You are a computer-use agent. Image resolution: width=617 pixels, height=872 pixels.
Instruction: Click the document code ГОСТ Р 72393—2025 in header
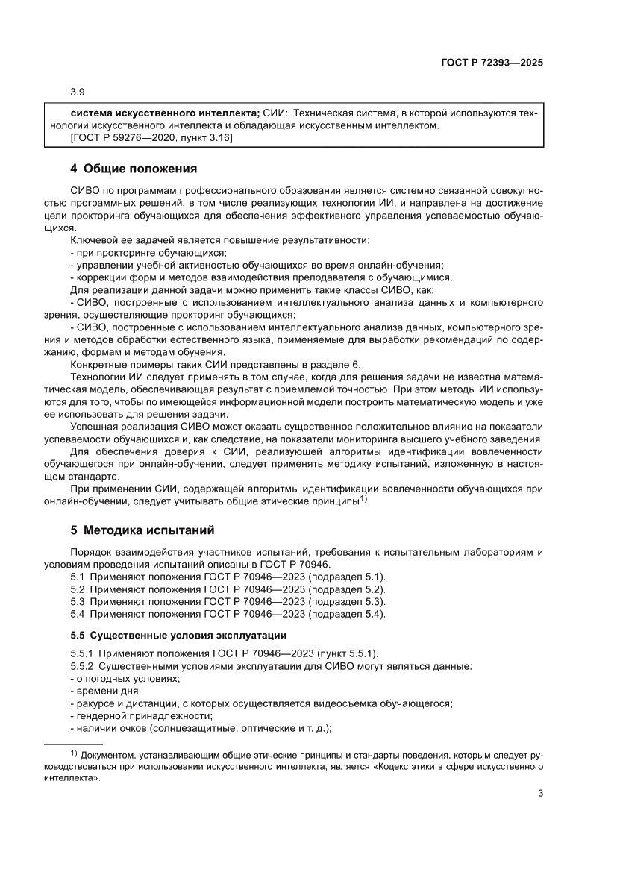(490, 63)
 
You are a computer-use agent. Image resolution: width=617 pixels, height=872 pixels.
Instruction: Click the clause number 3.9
(78, 92)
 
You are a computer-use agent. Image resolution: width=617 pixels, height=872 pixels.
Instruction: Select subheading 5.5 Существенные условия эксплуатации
(178, 634)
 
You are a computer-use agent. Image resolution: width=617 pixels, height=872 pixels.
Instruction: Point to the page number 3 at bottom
(540, 793)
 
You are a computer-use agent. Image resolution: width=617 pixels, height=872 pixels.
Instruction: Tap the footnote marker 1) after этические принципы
(363, 499)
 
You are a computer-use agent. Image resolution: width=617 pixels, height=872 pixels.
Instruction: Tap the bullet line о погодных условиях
(125, 677)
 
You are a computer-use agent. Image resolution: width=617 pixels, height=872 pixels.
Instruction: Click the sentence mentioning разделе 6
(215, 364)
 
